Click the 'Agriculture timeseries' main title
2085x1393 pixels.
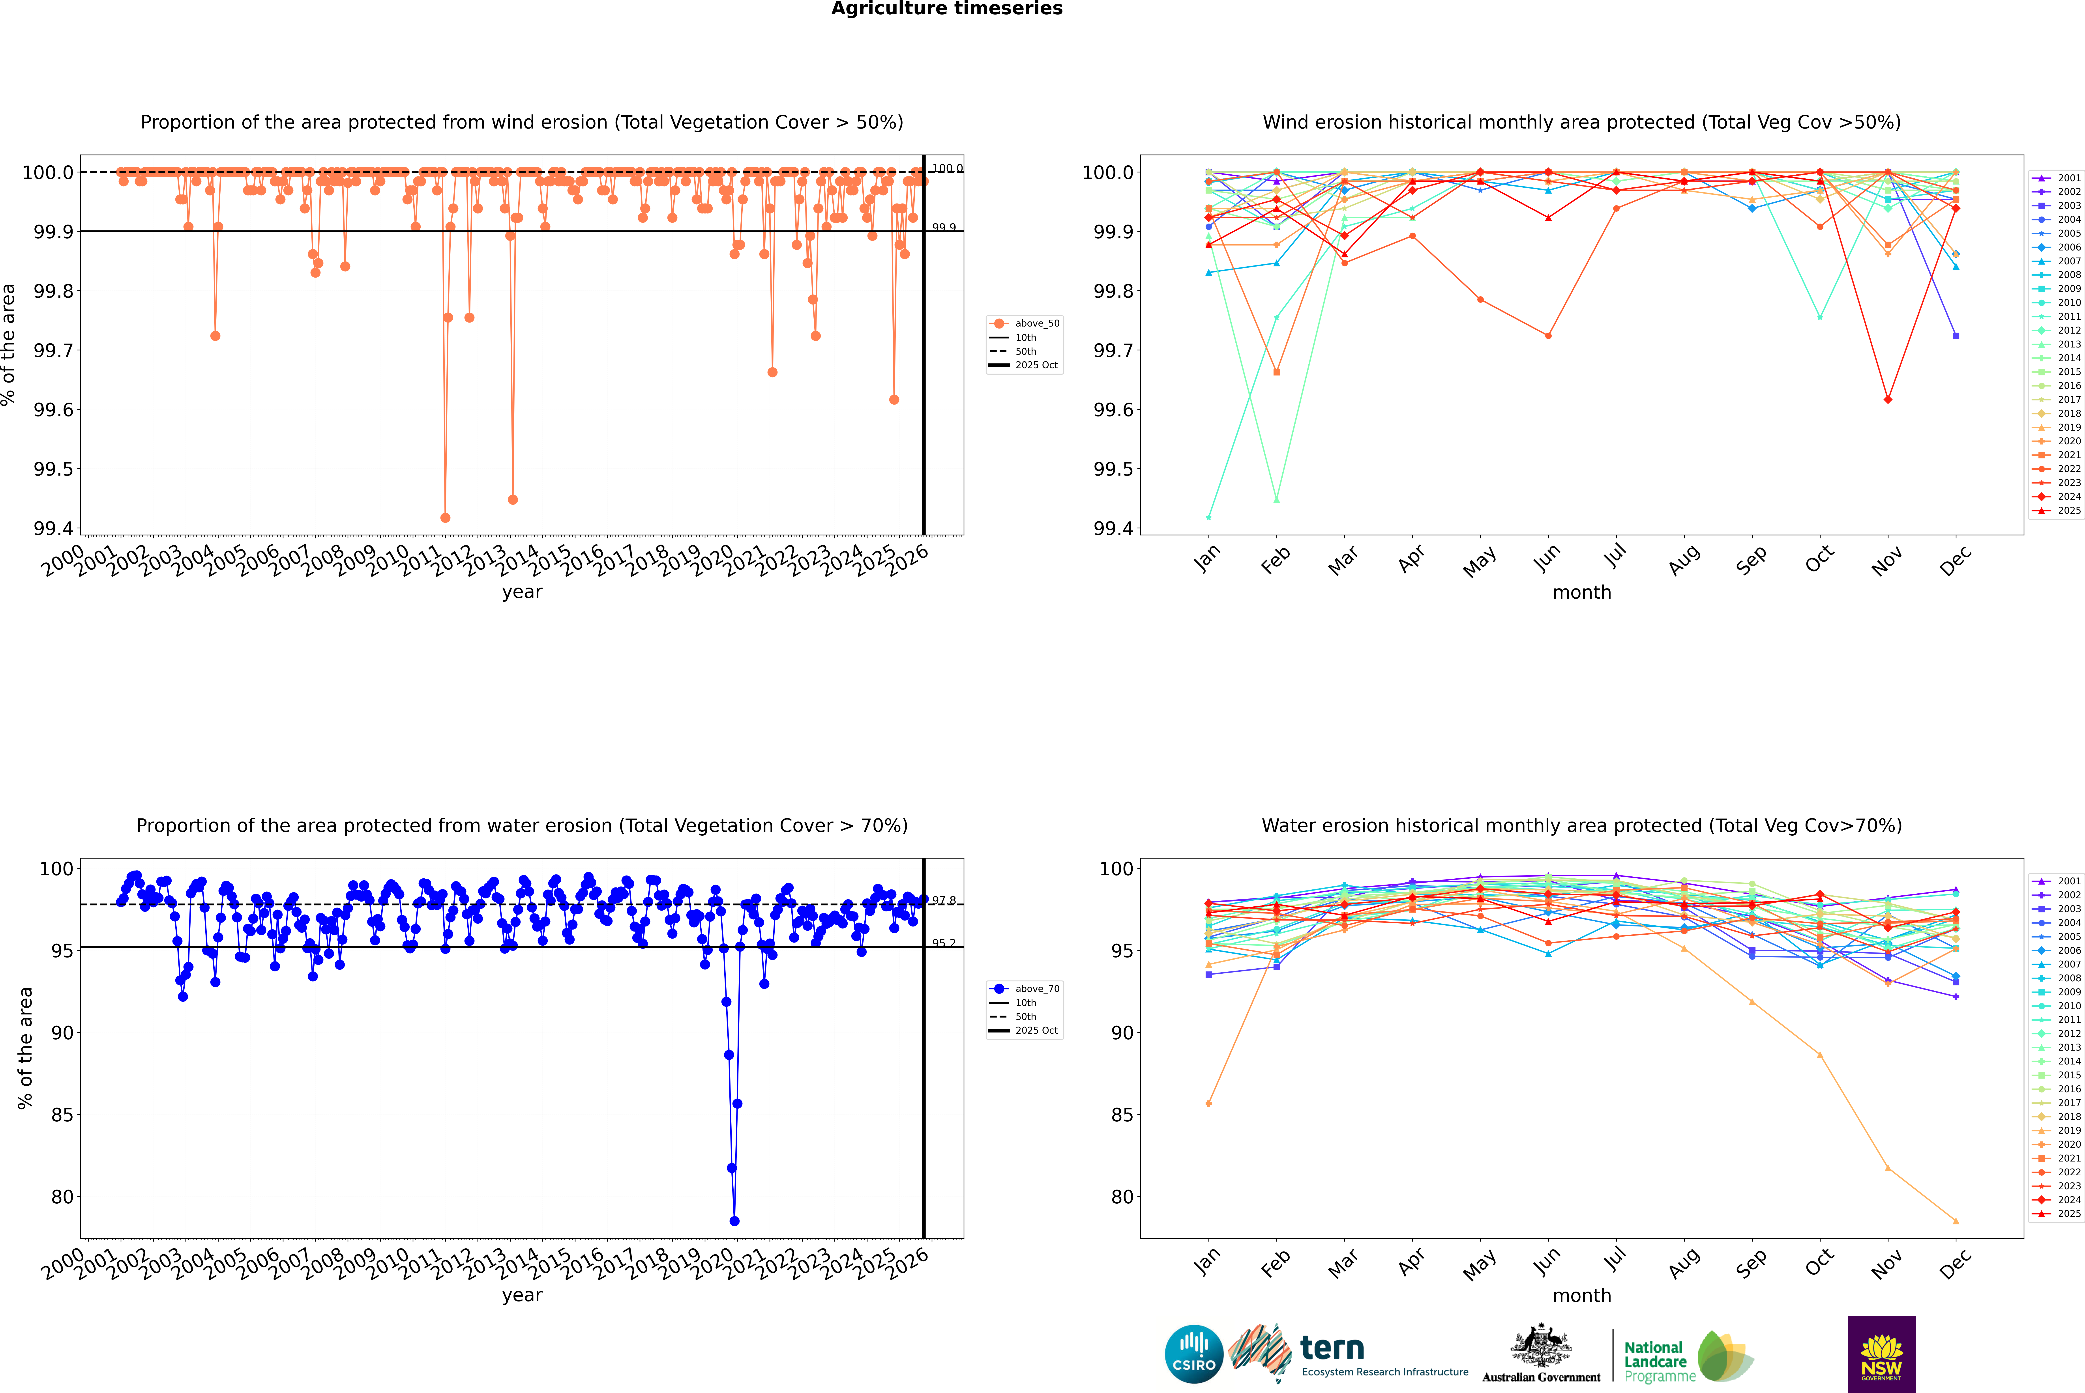(x=946, y=9)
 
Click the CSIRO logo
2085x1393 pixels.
(x=1194, y=1354)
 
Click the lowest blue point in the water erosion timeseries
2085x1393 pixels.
(x=734, y=1221)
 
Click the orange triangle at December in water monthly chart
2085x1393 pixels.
(x=1955, y=1221)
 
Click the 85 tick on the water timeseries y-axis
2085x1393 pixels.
(x=62, y=1115)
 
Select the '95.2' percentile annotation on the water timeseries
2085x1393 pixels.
(x=944, y=943)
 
